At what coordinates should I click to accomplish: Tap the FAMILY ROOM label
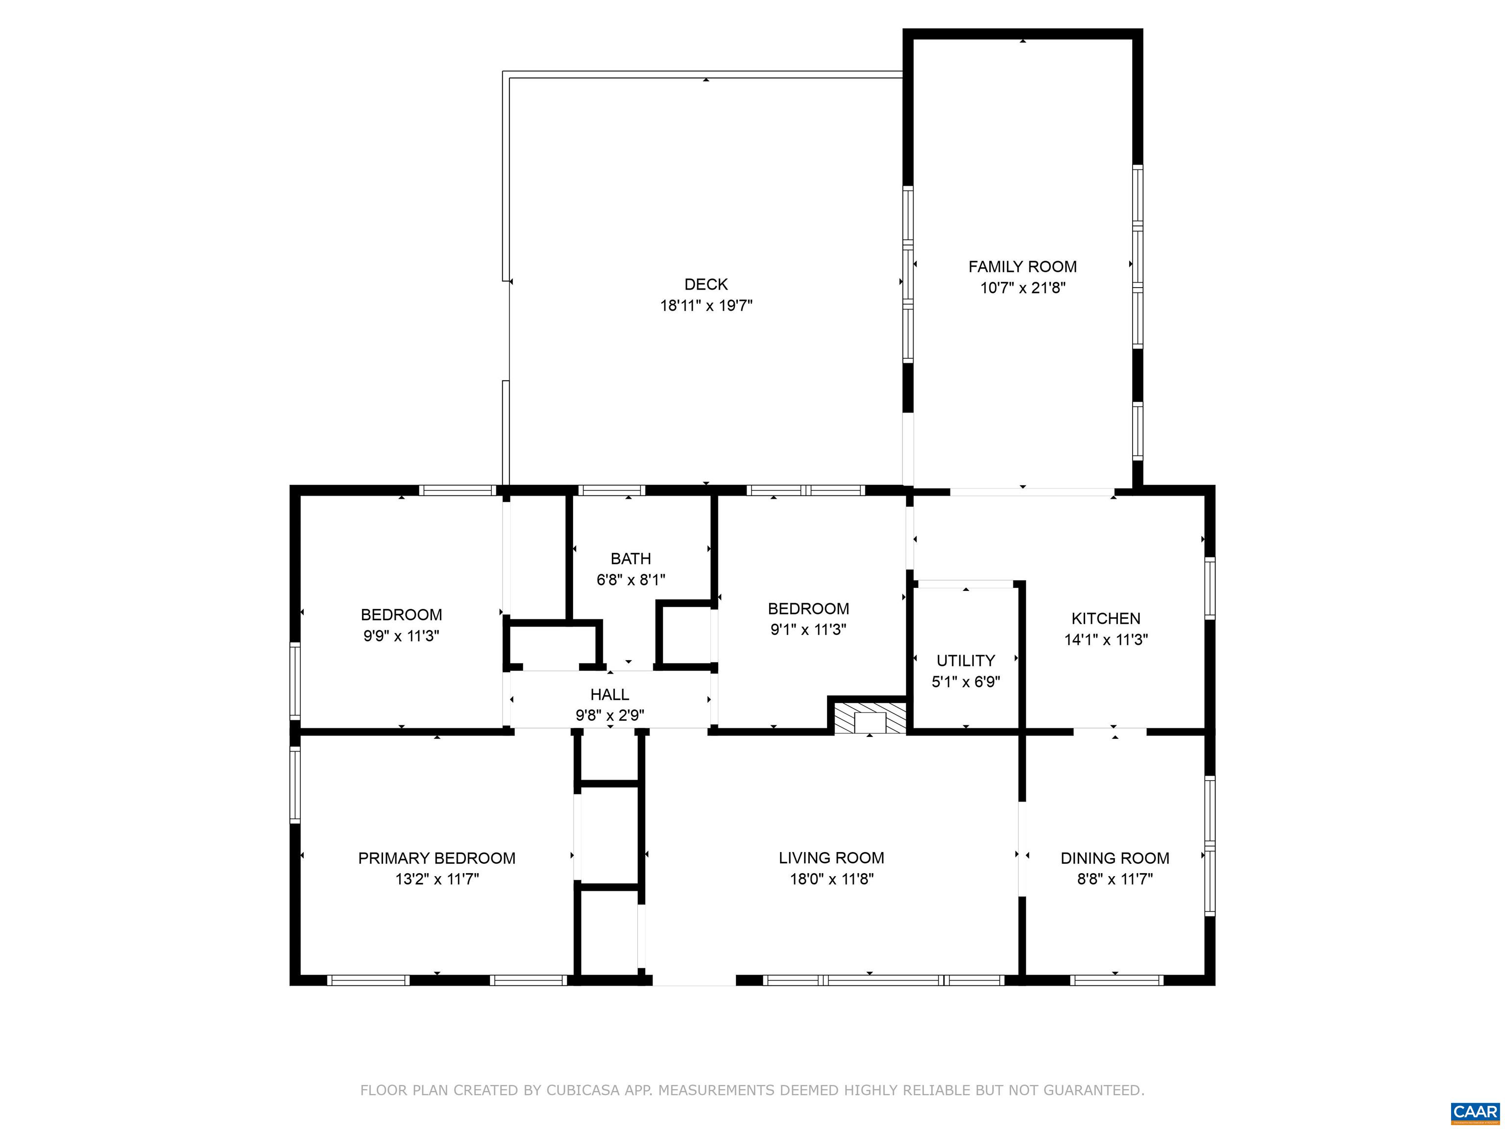(1022, 267)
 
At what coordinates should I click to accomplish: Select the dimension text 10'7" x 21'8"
(1022, 288)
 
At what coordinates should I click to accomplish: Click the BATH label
(631, 559)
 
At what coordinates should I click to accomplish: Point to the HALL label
(609, 694)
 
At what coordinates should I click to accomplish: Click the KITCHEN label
(1106, 618)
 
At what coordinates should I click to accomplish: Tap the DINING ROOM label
(1115, 858)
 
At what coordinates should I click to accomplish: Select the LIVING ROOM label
(831, 858)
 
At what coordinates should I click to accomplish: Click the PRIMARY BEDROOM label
(437, 858)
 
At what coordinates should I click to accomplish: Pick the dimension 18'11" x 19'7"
(706, 306)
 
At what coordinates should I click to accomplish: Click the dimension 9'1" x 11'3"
(808, 630)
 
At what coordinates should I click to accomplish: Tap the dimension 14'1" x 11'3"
(1106, 639)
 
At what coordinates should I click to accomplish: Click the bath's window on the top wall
(612, 490)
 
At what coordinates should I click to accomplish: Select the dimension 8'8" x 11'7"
(1115, 879)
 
